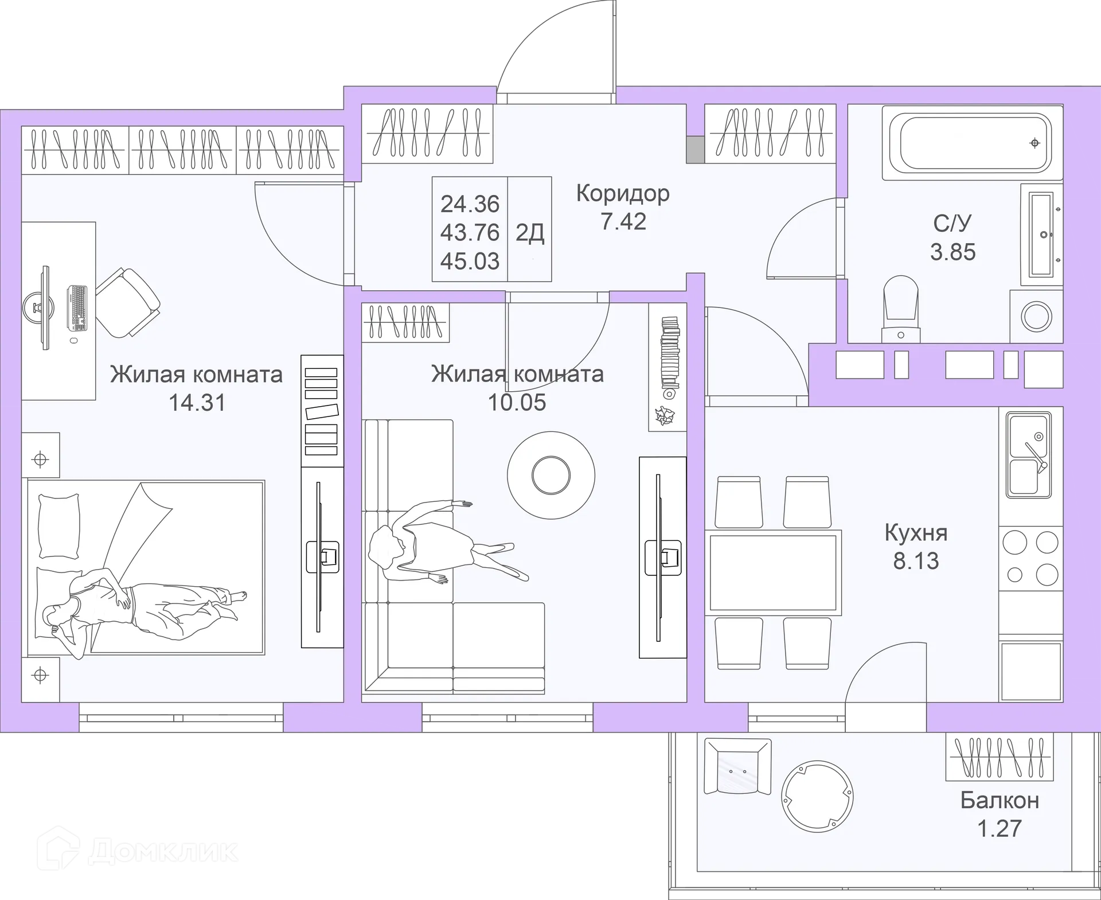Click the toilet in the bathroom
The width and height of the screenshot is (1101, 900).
tap(901, 310)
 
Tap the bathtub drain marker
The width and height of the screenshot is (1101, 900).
tap(1034, 143)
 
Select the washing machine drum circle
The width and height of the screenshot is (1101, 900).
tap(1036, 316)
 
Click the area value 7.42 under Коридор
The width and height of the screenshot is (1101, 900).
tap(623, 221)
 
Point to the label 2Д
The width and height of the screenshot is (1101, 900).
tap(530, 233)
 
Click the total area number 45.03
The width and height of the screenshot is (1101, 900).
tap(470, 262)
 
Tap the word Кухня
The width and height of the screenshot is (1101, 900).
tap(916, 533)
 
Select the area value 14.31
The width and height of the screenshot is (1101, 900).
tap(197, 403)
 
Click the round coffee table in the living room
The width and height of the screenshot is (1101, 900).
tap(551, 475)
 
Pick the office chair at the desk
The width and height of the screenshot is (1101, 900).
tap(128, 302)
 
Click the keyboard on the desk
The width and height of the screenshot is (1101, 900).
tap(77, 308)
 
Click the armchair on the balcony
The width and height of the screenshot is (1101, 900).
tap(737, 766)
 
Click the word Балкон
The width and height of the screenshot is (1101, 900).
tap(1000, 800)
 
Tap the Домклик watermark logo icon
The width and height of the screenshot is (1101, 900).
tap(57, 847)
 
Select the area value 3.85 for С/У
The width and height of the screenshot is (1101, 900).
tap(952, 252)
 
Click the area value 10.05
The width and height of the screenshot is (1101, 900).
tap(517, 403)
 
